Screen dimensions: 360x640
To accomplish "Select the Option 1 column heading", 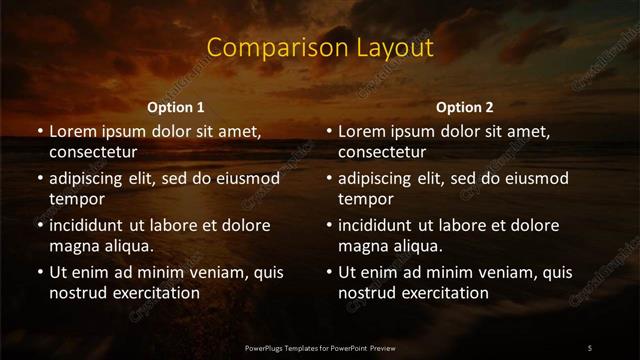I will [x=176, y=107].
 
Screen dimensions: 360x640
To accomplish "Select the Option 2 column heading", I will [x=465, y=107].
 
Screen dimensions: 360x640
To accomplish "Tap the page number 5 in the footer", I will [x=590, y=347].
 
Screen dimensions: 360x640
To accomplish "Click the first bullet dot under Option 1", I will [x=40, y=132].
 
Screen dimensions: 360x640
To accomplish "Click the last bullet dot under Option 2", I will [x=329, y=272].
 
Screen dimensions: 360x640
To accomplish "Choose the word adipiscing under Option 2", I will [x=384, y=179].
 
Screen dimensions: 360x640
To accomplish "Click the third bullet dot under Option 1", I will [x=40, y=225].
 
